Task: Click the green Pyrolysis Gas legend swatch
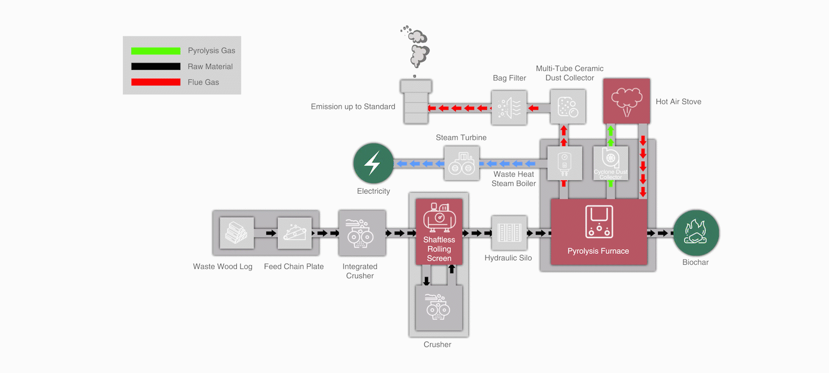point(155,51)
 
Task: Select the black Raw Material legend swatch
point(155,66)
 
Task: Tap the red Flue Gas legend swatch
point(155,82)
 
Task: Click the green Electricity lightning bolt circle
point(373,163)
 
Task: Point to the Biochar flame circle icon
point(696,233)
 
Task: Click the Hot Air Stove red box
point(626,101)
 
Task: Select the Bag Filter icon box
point(509,108)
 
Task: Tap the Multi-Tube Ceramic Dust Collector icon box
point(568,107)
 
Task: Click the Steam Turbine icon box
point(462,163)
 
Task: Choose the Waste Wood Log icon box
point(237,233)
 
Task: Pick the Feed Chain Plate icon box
point(294,233)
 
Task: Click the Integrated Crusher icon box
point(362,233)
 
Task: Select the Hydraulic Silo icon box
point(509,233)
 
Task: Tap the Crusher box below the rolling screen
point(439,308)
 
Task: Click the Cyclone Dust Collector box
point(610,163)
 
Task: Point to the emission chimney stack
point(416,102)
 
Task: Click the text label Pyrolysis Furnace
point(598,251)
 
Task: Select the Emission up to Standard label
point(353,107)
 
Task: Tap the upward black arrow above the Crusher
point(452,269)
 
